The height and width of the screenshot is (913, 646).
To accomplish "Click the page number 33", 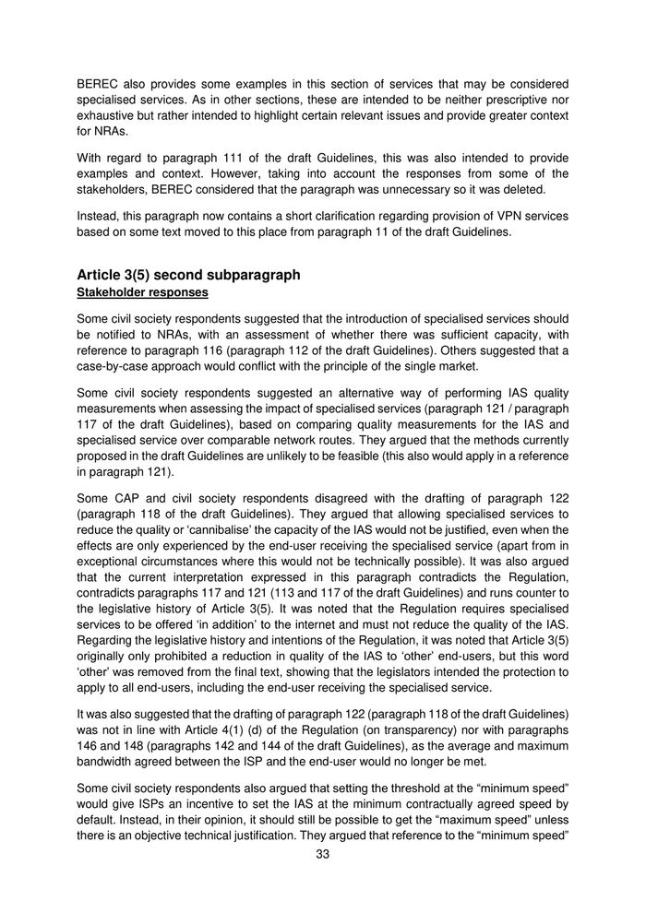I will pos(323,853).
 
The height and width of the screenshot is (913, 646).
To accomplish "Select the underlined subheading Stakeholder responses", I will pos(142,292).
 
